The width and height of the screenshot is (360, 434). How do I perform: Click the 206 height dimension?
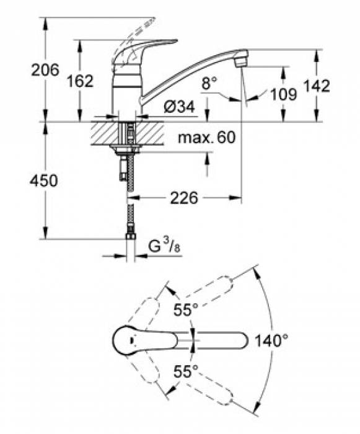pyautogui.click(x=45, y=69)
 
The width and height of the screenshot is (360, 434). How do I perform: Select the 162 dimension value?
pyautogui.click(x=81, y=81)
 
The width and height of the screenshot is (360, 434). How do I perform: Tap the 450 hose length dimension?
pyautogui.click(x=44, y=181)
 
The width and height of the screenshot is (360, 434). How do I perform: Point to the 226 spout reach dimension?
pyautogui.click(x=184, y=198)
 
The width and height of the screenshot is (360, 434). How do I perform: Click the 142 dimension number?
pyautogui.click(x=317, y=86)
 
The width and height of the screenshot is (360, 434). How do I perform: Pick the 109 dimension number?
pyautogui.click(x=284, y=94)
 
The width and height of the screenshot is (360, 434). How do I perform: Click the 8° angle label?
pyautogui.click(x=209, y=83)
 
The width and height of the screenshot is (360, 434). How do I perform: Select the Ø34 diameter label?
pyautogui.click(x=179, y=106)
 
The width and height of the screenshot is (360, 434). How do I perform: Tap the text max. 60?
pyautogui.click(x=207, y=137)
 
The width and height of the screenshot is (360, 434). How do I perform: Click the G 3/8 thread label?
pyautogui.click(x=164, y=246)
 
